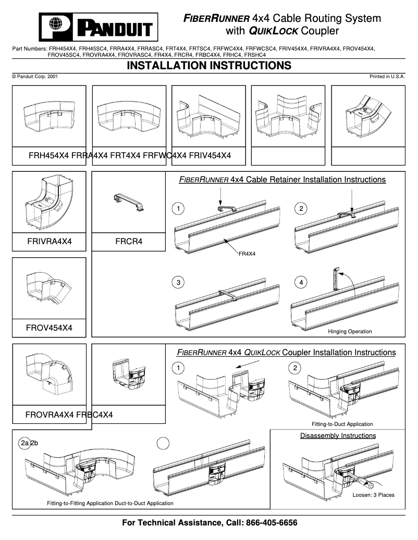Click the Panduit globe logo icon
click(56, 25)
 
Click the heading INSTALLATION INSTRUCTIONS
click(208, 66)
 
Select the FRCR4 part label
click(129, 242)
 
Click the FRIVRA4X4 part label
click(49, 242)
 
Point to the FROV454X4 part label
click(49, 328)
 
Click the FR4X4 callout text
click(247, 254)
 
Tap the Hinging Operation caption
click(350, 331)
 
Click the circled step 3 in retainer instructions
click(178, 282)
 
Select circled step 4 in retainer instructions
click(301, 282)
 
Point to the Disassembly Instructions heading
click(338, 435)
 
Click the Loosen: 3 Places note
click(373, 495)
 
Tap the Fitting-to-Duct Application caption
click(342, 424)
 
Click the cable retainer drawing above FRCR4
click(129, 204)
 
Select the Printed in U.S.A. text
click(387, 77)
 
